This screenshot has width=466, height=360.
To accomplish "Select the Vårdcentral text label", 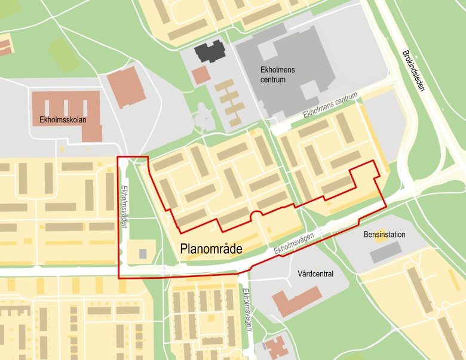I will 315,273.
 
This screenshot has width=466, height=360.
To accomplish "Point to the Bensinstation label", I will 384,235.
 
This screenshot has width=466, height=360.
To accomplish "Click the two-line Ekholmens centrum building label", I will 277,74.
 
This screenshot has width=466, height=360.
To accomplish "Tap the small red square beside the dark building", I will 201,75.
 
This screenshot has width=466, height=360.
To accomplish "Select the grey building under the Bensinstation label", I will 385,252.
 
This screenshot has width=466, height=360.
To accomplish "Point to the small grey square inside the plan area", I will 143,254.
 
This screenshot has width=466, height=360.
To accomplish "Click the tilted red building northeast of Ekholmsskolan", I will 127,87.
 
